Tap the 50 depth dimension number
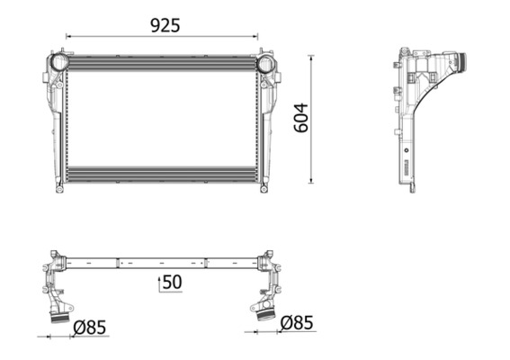tap(173, 283)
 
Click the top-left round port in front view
tap(58, 63)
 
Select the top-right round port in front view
tap(266, 64)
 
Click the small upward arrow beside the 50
tap(159, 283)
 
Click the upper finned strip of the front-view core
tap(162, 63)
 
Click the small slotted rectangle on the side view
tap(407, 168)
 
